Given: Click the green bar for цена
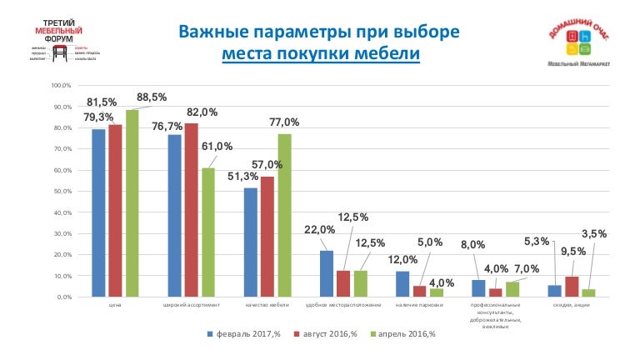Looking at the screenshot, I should [x=132, y=203].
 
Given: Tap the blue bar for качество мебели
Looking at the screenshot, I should [x=251, y=242].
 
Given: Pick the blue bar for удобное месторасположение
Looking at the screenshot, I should [x=327, y=273].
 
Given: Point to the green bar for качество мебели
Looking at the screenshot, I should [x=284, y=215].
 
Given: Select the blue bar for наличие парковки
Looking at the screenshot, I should [x=402, y=284].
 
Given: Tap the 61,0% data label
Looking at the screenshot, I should [x=229, y=147].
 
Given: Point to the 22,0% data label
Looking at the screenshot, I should [x=319, y=230].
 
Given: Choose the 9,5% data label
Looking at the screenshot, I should [x=572, y=251].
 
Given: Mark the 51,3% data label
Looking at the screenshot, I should [x=242, y=177].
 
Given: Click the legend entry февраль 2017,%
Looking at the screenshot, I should [x=246, y=334].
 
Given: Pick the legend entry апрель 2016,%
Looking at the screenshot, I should [x=402, y=334].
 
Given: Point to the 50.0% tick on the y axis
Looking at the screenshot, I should [x=62, y=192].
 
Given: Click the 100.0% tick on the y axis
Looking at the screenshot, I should [x=60, y=86].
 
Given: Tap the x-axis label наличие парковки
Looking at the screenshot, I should [x=418, y=306].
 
